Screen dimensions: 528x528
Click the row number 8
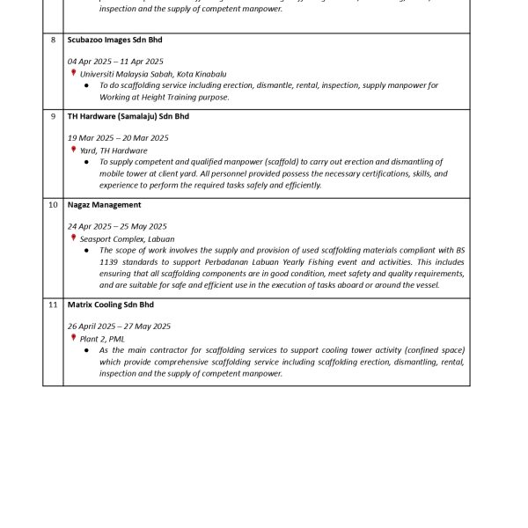coord(53,40)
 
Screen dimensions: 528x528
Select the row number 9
coord(53,116)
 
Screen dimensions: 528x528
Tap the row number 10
coord(53,205)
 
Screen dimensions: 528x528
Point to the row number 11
coord(53,304)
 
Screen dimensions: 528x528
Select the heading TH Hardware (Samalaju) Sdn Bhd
coord(128,116)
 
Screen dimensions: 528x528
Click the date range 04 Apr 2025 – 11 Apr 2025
coord(115,62)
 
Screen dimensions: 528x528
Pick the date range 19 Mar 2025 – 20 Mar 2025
coord(118,138)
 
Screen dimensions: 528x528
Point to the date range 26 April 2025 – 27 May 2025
coord(119,326)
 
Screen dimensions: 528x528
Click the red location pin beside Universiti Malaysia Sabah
coord(74,74)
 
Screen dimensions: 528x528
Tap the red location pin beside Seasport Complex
coord(74,238)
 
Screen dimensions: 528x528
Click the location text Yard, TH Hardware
coord(114,150)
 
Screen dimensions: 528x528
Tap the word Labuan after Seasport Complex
coord(160,238)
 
